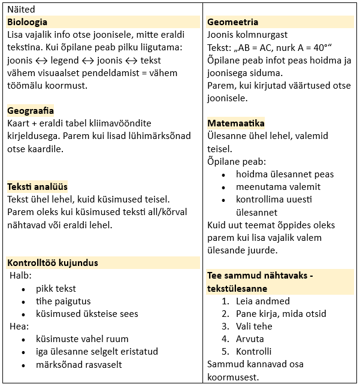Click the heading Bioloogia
(28, 22)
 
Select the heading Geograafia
(31, 111)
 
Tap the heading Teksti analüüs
(37, 187)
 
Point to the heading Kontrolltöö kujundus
(53, 263)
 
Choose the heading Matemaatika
(236, 123)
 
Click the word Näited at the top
(21, 9)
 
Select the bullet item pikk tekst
(56, 288)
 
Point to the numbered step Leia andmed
(262, 301)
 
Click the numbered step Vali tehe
(254, 326)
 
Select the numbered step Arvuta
(250, 339)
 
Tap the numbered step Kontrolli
(253, 352)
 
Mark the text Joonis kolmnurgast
(248, 35)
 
